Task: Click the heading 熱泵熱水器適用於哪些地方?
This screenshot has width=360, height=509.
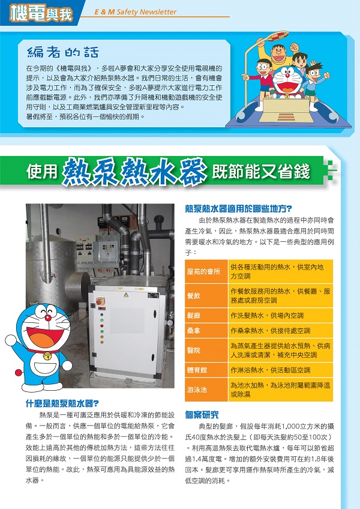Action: [x=238, y=209]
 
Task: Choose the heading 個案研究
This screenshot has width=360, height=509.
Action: [x=202, y=414]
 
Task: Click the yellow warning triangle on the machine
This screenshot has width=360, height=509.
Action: [x=125, y=295]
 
